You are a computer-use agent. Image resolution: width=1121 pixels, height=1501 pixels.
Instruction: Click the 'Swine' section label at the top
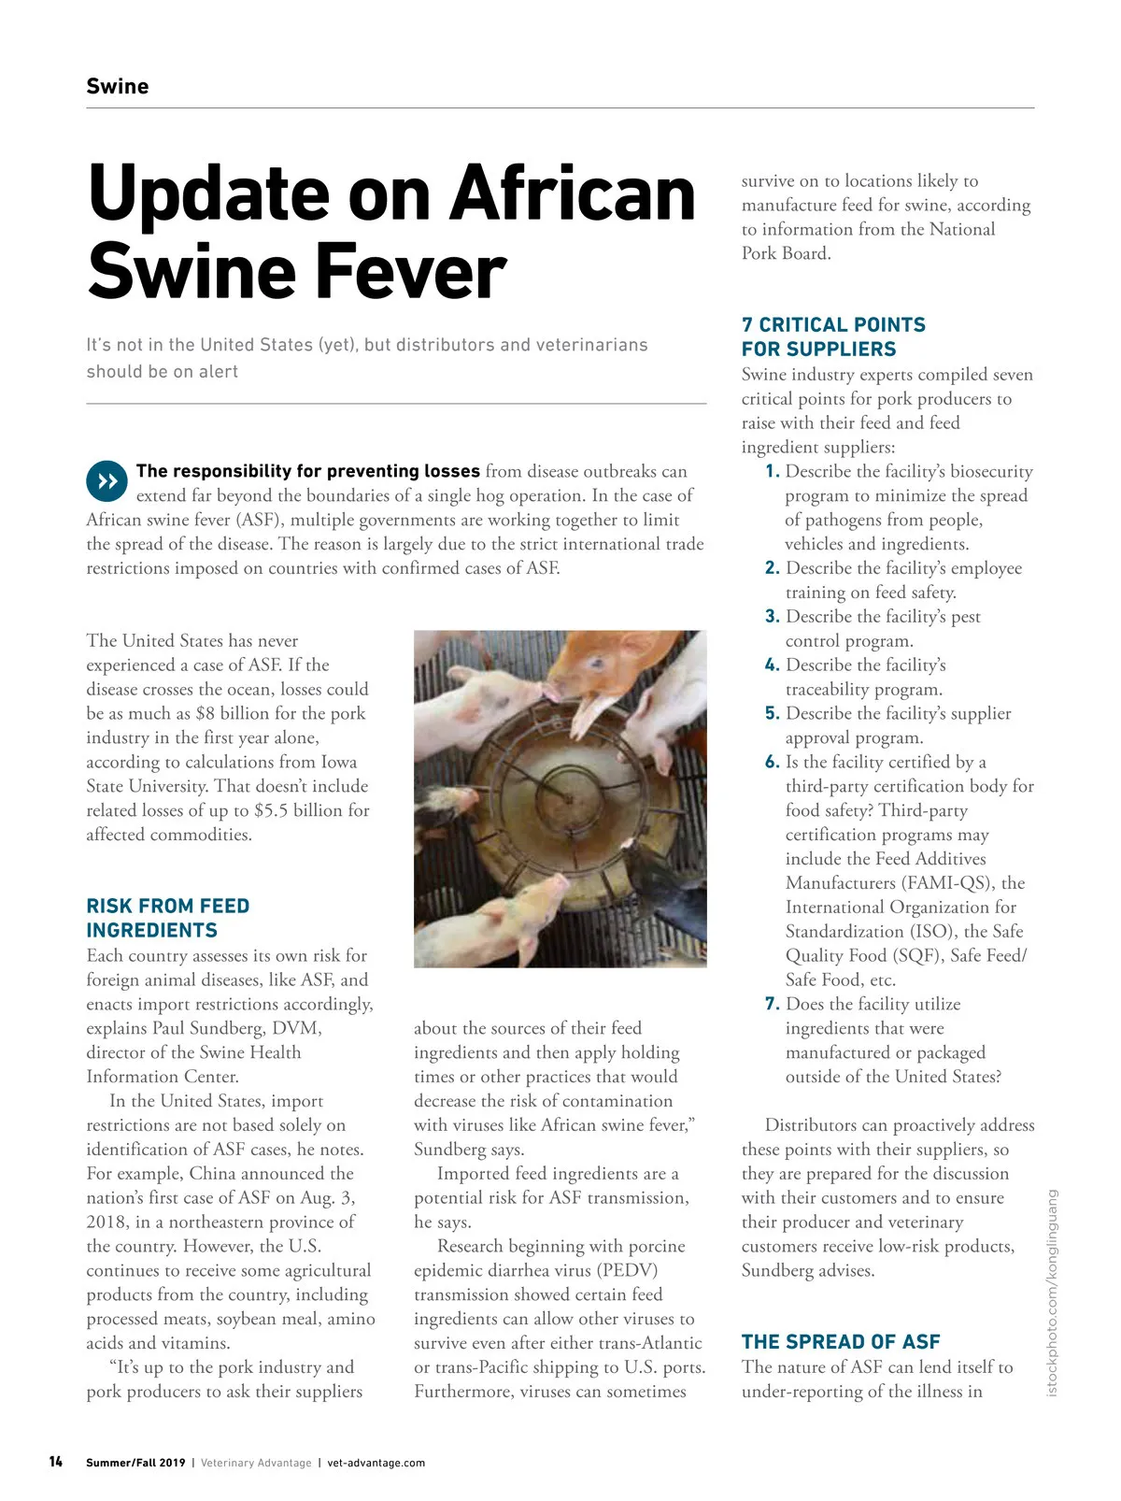pyautogui.click(x=117, y=87)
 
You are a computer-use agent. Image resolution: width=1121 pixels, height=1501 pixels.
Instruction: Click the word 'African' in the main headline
pyautogui.click(x=573, y=194)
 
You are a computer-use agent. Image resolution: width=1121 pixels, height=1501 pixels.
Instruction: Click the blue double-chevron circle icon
pyautogui.click(x=106, y=481)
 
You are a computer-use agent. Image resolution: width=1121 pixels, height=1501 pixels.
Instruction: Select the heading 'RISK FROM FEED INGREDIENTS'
pyautogui.click(x=167, y=918)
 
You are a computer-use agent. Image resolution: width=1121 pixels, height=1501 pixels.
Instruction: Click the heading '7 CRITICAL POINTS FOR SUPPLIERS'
pyautogui.click(x=832, y=336)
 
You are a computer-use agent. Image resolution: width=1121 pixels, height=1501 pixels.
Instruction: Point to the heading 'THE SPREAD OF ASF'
pyautogui.click(x=840, y=1342)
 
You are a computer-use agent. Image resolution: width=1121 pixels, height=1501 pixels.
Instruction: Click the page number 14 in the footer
pyautogui.click(x=56, y=1462)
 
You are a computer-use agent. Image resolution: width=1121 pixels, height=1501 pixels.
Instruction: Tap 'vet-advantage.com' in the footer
pyautogui.click(x=376, y=1463)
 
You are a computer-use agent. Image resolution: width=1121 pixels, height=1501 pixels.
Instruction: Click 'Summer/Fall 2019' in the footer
pyautogui.click(x=135, y=1463)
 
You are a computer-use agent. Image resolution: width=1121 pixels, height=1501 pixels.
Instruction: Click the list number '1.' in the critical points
pyautogui.click(x=772, y=471)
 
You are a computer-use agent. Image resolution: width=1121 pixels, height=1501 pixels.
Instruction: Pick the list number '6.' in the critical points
pyautogui.click(x=772, y=762)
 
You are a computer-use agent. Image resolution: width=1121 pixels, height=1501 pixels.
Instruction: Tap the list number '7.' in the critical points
pyautogui.click(x=772, y=1004)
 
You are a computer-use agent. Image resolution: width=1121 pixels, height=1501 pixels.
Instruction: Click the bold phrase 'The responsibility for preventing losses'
pyautogui.click(x=307, y=471)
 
